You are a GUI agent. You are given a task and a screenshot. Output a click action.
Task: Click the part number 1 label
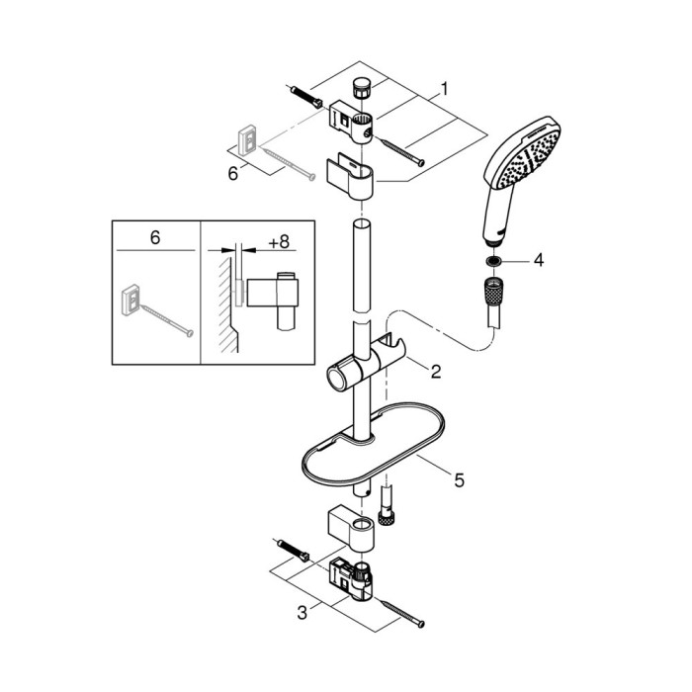tap(445, 89)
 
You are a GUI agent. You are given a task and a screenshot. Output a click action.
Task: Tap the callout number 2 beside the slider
tap(436, 372)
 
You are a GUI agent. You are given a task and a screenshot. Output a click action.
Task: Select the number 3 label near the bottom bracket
tap(302, 613)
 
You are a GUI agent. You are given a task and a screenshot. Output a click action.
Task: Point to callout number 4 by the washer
tap(539, 260)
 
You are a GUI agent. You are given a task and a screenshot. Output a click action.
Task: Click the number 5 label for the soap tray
tap(460, 480)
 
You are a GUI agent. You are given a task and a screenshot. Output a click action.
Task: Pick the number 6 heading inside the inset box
tap(155, 238)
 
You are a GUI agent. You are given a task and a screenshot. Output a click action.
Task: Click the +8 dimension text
tap(279, 242)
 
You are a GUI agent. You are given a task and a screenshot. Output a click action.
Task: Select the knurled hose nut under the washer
tap(494, 290)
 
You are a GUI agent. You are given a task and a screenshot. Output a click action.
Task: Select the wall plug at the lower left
tap(294, 551)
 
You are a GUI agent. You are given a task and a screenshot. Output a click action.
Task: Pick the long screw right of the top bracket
tap(402, 152)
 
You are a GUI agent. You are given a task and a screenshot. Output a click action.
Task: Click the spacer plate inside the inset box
tap(131, 301)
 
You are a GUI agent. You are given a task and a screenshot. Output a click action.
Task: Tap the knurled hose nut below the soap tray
tap(387, 515)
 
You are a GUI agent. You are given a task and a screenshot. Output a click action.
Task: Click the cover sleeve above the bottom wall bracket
tap(351, 529)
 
